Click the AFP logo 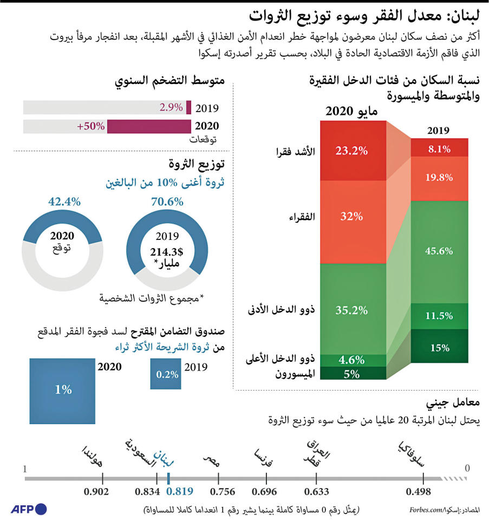[x=29, y=509]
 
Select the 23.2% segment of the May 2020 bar [x=351, y=151]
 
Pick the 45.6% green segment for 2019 [x=439, y=251]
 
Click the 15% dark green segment [x=439, y=348]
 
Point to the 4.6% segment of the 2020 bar [x=351, y=360]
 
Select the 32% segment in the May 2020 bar [x=351, y=217]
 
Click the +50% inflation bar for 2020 [x=149, y=126]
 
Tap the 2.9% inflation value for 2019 [x=171, y=107]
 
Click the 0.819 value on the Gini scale [x=180, y=492]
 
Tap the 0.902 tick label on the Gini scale [x=96, y=492]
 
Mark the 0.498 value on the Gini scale [x=418, y=492]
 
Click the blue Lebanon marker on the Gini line [x=169, y=478]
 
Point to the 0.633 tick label [x=316, y=492]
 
